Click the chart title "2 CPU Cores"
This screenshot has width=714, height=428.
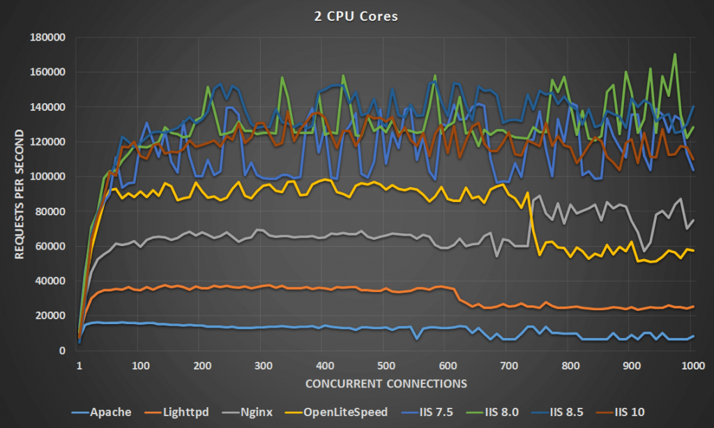pyautogui.click(x=356, y=16)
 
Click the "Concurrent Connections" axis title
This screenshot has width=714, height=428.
pyautogui.click(x=386, y=383)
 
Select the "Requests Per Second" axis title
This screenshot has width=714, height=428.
pyautogui.click(x=19, y=193)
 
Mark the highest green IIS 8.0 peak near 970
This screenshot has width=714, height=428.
pyautogui.click(x=675, y=54)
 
